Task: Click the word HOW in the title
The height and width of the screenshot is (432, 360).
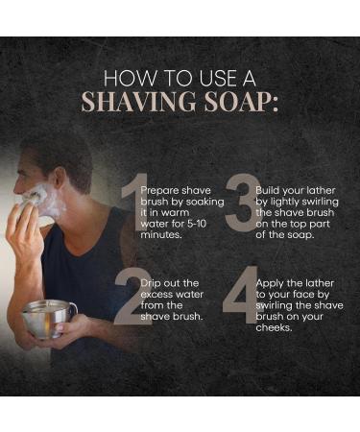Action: pos(123,77)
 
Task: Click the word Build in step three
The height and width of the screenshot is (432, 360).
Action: pos(269,190)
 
